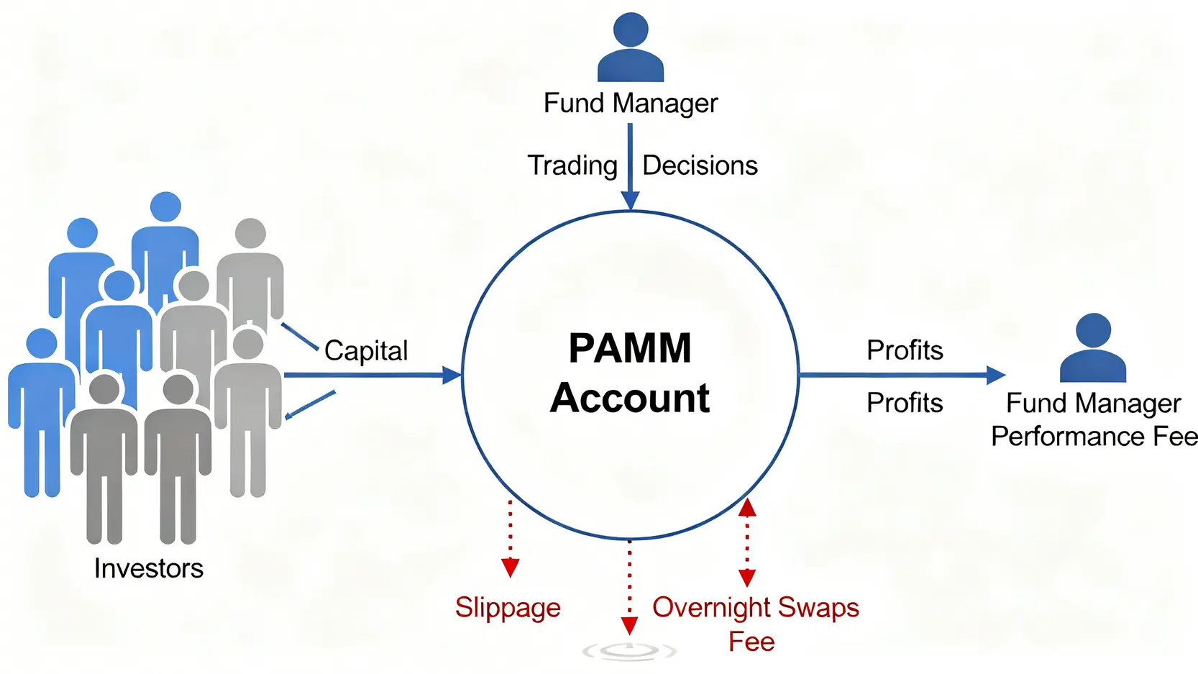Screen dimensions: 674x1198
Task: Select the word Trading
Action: click(x=572, y=165)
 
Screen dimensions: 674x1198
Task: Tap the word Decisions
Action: click(x=700, y=165)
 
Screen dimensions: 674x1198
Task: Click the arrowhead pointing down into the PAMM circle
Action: click(x=630, y=201)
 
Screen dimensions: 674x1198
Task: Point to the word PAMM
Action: click(x=630, y=348)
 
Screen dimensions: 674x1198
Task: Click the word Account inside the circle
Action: click(x=630, y=398)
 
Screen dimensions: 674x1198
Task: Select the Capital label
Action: click(x=366, y=350)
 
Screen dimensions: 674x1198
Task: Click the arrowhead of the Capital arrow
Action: click(x=452, y=375)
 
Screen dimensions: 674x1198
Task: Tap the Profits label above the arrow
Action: click(x=905, y=350)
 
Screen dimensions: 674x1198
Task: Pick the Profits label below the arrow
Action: click(x=905, y=403)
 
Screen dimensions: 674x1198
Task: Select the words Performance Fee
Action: click(x=1094, y=437)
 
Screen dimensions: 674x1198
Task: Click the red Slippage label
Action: click(x=508, y=608)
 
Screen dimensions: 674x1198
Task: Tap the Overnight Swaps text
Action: click(x=755, y=608)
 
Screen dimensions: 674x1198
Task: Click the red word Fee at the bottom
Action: click(x=751, y=641)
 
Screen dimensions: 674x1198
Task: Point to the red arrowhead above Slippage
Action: click(x=511, y=568)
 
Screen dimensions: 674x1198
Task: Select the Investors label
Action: click(x=149, y=568)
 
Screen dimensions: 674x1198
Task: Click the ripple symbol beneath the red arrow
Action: click(x=629, y=652)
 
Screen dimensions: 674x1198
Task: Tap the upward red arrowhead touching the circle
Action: click(x=747, y=507)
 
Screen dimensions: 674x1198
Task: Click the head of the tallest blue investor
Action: click(x=166, y=207)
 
